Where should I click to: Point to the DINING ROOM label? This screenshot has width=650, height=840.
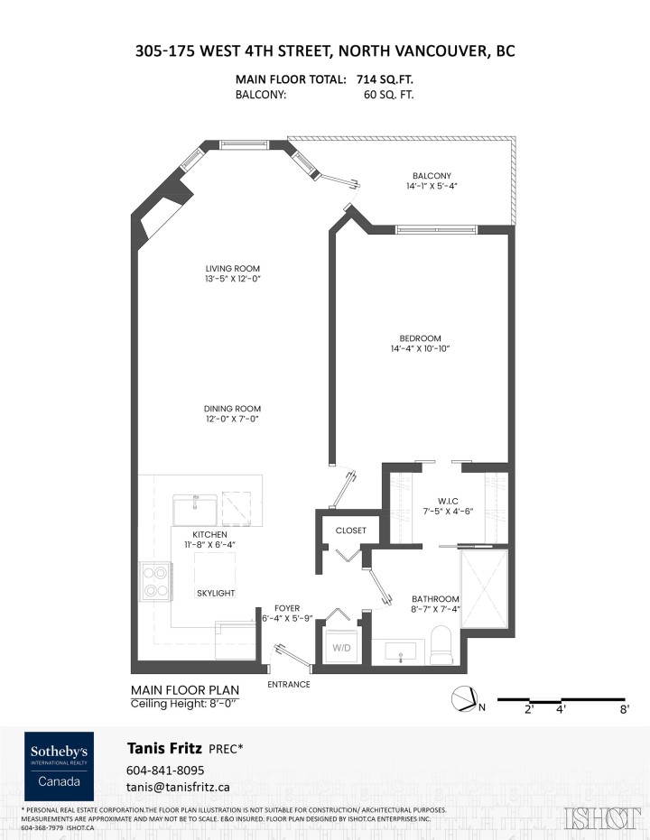232,409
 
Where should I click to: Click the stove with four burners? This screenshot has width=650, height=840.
154,582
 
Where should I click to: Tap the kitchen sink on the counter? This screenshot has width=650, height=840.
195,508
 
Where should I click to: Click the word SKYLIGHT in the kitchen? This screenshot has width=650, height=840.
216,593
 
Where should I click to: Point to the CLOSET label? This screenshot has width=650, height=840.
350,531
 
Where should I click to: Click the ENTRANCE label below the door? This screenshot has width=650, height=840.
289,684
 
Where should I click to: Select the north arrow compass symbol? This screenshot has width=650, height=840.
464,700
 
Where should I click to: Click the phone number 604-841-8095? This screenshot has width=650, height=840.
166,770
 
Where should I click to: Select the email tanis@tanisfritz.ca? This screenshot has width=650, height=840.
179,787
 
